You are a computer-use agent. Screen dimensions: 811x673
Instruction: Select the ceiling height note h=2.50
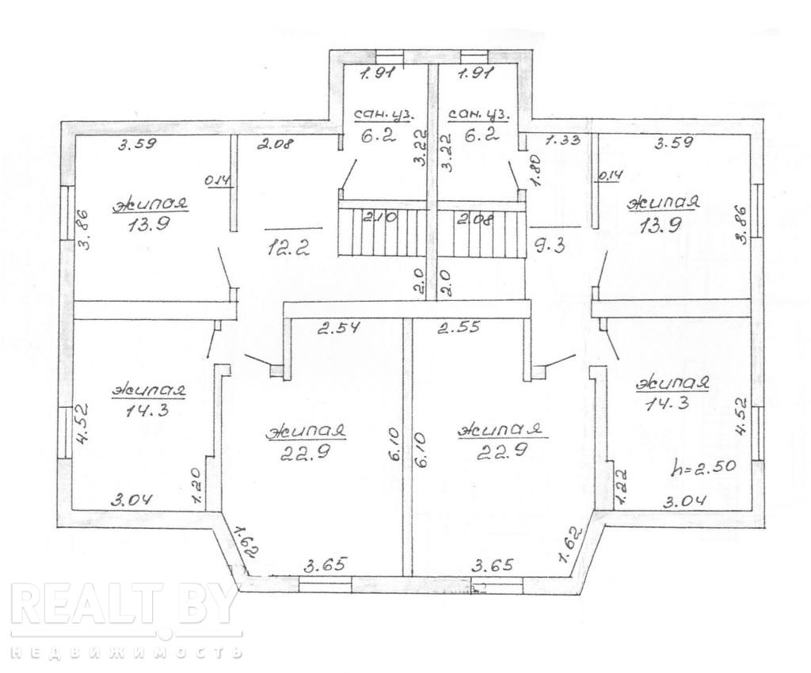tap(703, 467)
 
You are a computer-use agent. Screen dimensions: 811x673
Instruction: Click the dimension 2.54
tap(338, 327)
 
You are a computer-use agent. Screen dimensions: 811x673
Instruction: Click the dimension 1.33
tap(563, 139)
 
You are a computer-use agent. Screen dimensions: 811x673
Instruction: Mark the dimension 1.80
tap(536, 169)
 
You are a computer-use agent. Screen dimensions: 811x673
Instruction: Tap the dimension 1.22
tap(620, 487)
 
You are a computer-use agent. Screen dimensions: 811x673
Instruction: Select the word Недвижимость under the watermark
tap(126, 652)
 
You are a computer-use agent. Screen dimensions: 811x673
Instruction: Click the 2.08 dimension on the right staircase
tap(474, 219)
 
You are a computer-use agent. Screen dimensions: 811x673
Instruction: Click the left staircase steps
tap(383, 230)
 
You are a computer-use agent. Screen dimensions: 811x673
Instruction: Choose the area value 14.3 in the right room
tap(668, 402)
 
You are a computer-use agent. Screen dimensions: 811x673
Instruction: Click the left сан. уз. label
tap(383, 115)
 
